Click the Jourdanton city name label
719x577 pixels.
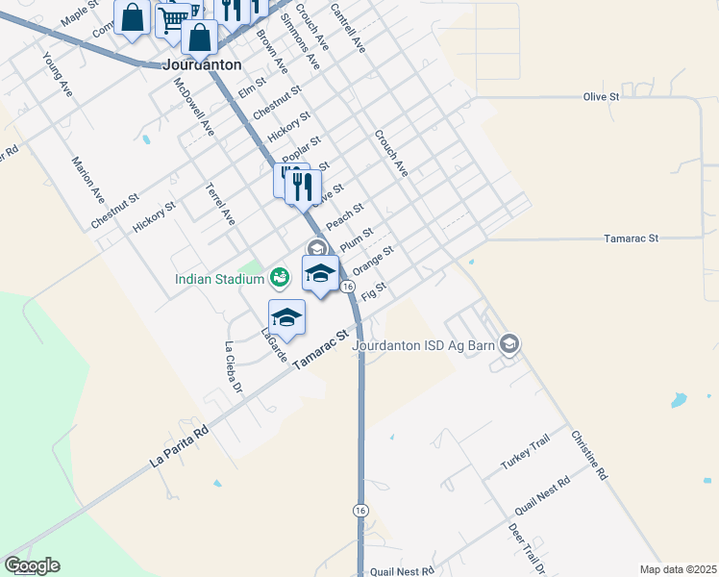(x=202, y=65)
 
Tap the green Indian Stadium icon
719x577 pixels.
(x=279, y=278)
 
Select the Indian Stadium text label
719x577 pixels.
(x=219, y=280)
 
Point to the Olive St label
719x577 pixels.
(x=601, y=96)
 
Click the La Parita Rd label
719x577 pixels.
(x=179, y=447)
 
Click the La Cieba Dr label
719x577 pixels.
(x=231, y=366)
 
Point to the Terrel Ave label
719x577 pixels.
(x=220, y=204)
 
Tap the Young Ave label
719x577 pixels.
(x=58, y=74)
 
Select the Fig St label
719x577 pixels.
(x=375, y=289)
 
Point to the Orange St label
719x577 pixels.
(x=373, y=259)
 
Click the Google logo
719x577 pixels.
(x=32, y=565)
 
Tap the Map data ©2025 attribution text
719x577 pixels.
(x=677, y=569)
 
